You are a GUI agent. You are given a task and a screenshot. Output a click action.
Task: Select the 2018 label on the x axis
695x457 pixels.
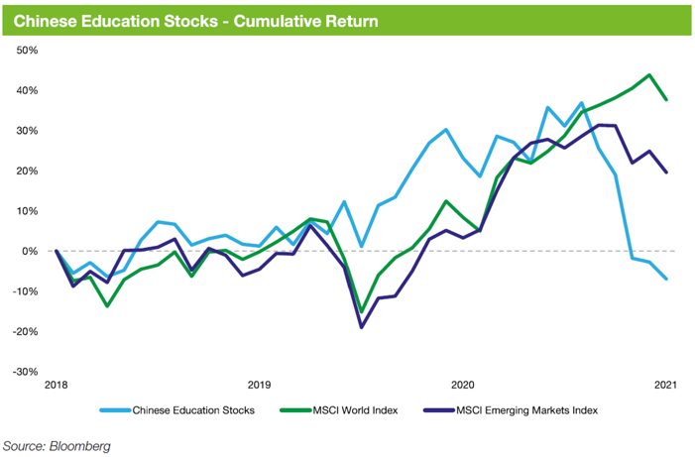(56, 385)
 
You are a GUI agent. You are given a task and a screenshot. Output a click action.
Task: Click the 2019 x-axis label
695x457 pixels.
(259, 385)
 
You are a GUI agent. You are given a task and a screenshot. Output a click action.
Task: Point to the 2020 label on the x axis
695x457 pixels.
(462, 385)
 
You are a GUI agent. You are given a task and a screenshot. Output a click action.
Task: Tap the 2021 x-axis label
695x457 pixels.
(665, 385)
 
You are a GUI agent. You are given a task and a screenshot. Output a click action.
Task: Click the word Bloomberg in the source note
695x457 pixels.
(81, 446)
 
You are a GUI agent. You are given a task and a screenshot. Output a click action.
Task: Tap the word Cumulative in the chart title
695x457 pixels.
(247, 19)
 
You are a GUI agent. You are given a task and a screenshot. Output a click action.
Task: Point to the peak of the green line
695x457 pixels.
(649, 74)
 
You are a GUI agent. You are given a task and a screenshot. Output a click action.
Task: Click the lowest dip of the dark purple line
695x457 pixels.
(362, 327)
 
